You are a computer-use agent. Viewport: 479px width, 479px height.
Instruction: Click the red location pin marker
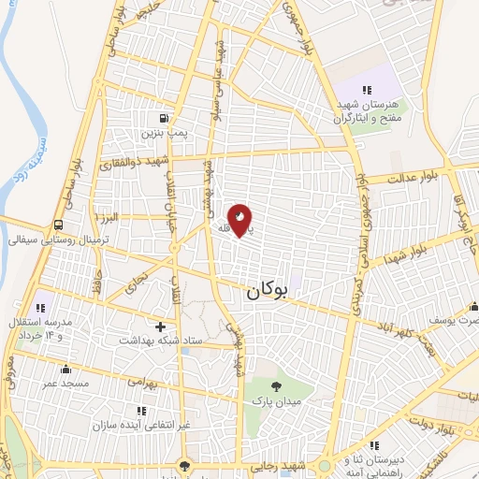click(x=240, y=220)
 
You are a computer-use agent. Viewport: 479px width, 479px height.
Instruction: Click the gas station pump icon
click(x=165, y=119)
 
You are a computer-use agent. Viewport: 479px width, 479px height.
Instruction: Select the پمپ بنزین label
click(x=165, y=135)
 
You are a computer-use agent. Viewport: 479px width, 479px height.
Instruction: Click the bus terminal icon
click(x=59, y=225)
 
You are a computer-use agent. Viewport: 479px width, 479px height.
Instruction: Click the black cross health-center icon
click(x=161, y=327)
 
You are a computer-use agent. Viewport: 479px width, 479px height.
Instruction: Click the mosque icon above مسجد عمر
click(x=65, y=368)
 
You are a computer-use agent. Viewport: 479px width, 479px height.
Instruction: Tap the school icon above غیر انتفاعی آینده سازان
click(x=141, y=410)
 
